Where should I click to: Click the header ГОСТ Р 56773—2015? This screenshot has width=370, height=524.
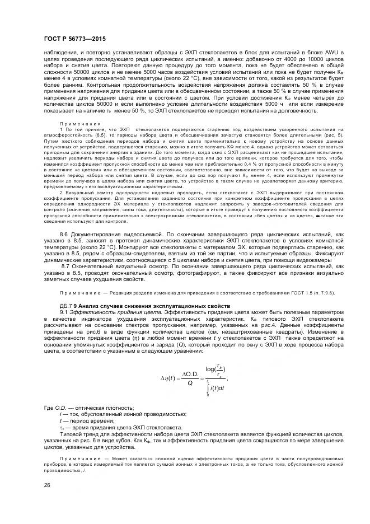tap(74, 39)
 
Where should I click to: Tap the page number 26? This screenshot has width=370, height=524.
tap(46, 485)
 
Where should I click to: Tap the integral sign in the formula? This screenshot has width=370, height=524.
tap(208, 387)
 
